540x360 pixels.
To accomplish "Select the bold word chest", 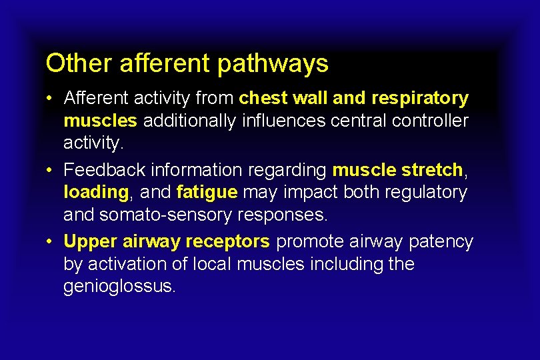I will (x=263, y=99).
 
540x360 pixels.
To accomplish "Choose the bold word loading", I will (x=96, y=193).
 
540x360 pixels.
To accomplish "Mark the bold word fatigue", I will (x=207, y=193).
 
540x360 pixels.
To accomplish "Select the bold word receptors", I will (x=229, y=242).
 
